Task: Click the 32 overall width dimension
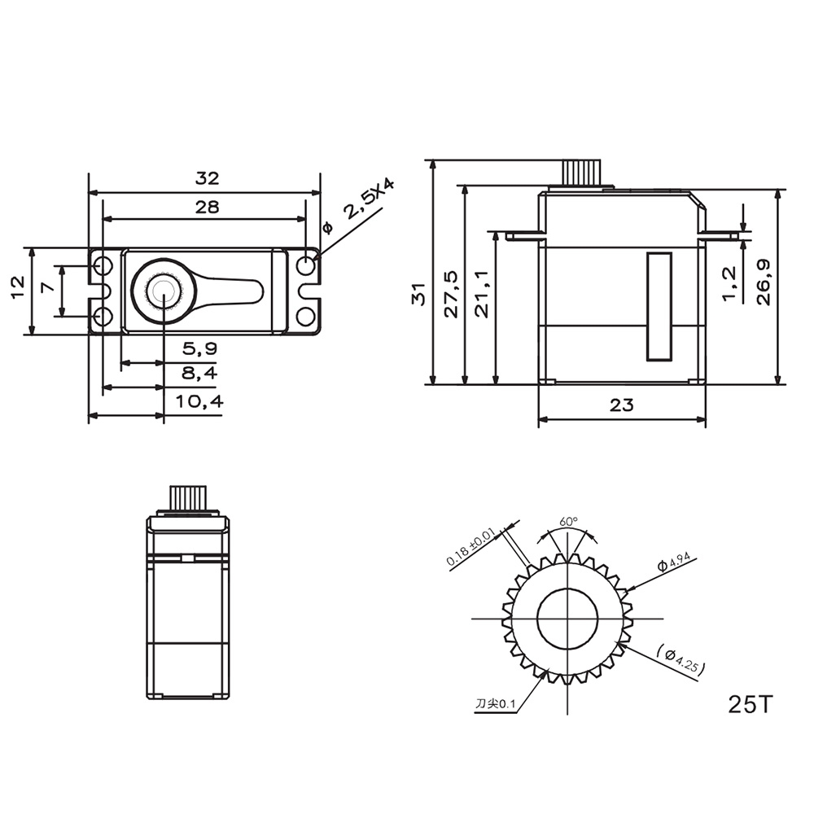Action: (x=208, y=178)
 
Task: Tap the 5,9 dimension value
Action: (x=199, y=348)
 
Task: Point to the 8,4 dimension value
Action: (x=199, y=374)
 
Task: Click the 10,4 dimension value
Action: (x=199, y=401)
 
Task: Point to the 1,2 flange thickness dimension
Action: (x=729, y=282)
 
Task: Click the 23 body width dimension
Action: (x=621, y=405)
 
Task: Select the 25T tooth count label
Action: (x=748, y=703)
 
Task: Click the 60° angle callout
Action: (x=568, y=521)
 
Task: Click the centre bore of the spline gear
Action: (x=567, y=619)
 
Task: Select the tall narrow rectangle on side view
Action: (x=659, y=306)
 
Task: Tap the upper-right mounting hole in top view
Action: (x=306, y=265)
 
